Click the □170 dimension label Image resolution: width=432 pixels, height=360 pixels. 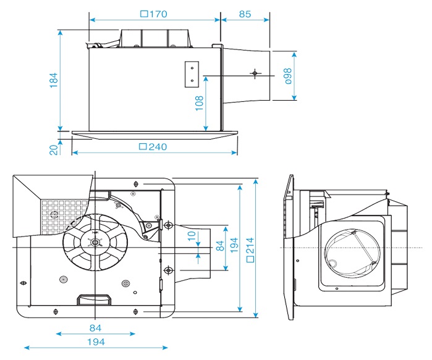tap(154, 14)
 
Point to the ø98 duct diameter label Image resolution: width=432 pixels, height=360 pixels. tap(287, 75)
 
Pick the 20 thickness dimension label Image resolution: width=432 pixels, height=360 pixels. tap(53, 148)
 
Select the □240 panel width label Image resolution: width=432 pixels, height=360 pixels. tap(154, 147)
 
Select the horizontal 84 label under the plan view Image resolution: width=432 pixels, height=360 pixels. tap(95, 327)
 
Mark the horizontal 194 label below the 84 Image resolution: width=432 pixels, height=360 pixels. tap(95, 341)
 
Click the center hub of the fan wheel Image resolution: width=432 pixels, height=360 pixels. tap(95, 243)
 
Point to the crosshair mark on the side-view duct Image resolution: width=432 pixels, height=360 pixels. tap(253, 73)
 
